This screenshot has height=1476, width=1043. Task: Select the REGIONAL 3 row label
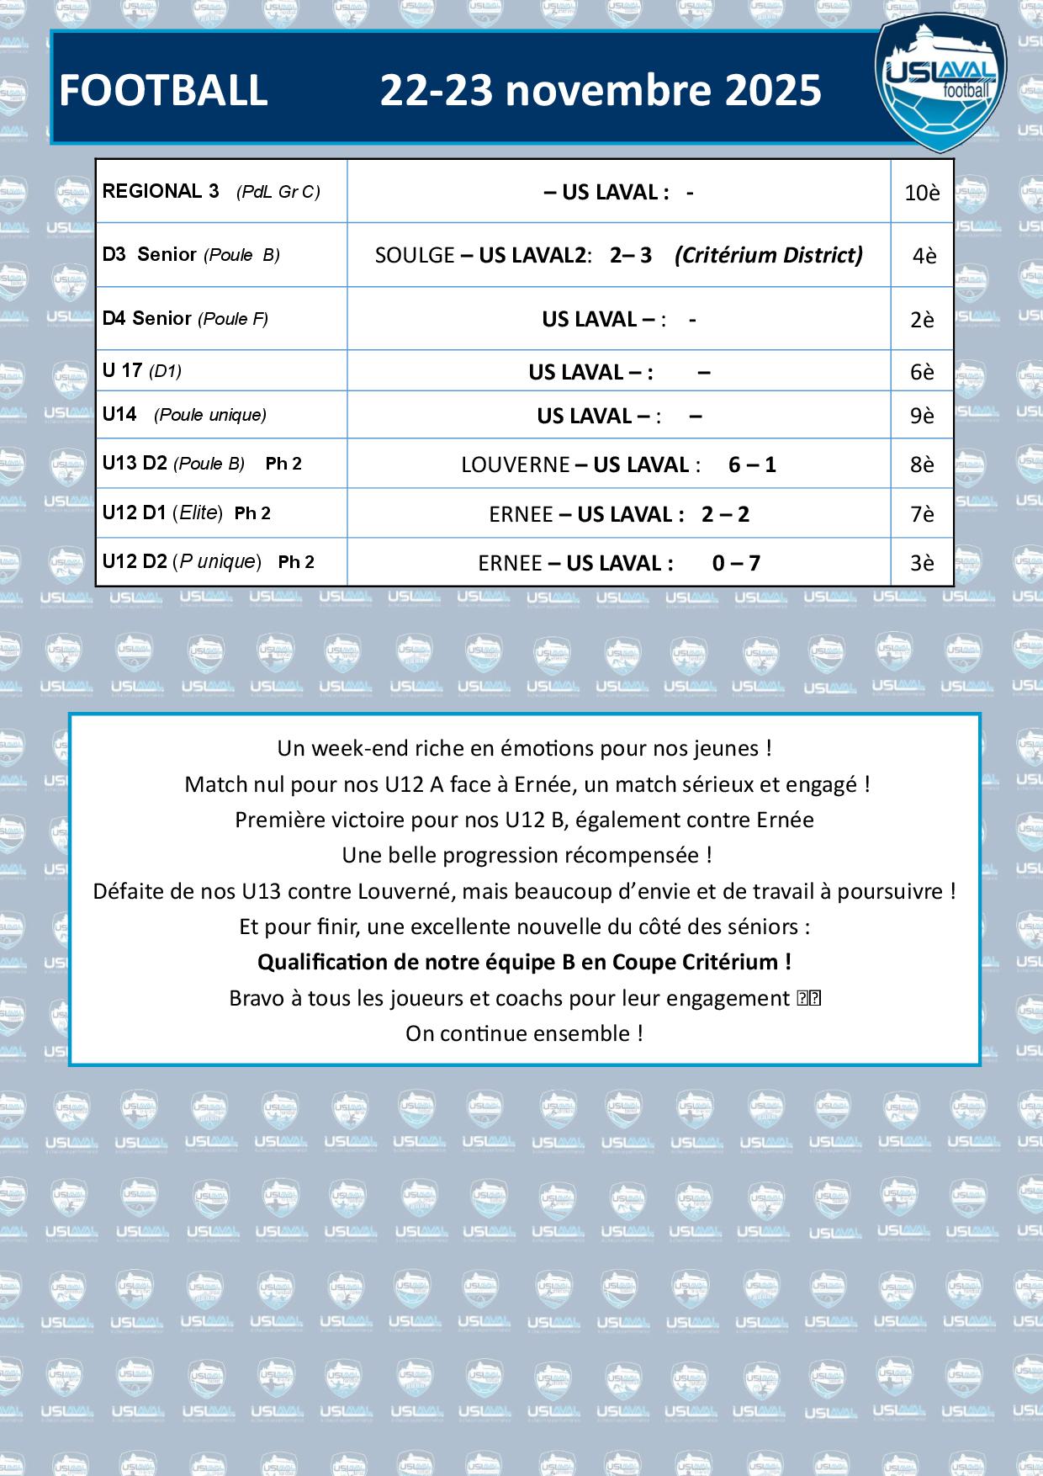(x=160, y=191)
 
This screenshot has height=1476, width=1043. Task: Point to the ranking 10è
(x=922, y=193)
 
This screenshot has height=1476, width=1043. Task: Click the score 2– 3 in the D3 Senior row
(x=631, y=255)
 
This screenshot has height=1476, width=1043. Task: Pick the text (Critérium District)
(x=768, y=255)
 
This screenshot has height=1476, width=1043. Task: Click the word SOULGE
(x=415, y=255)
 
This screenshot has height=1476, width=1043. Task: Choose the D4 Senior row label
(x=146, y=318)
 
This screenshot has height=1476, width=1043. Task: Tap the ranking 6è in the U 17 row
(x=922, y=372)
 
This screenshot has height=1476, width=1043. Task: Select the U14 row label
(x=119, y=414)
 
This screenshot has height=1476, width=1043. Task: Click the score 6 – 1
(x=752, y=465)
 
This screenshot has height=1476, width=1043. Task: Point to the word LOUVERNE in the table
(x=515, y=465)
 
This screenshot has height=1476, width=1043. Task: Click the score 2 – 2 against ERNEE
(x=725, y=514)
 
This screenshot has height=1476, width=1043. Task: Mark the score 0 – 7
(x=736, y=563)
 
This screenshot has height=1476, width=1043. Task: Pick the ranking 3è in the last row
(x=922, y=563)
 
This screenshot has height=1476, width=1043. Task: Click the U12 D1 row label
(x=134, y=512)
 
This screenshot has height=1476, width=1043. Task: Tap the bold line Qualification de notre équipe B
(x=523, y=962)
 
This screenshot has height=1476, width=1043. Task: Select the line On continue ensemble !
(x=523, y=1033)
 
